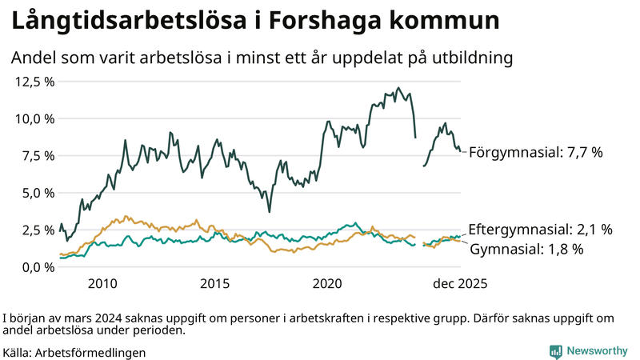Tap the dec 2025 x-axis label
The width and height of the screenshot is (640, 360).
click(460, 283)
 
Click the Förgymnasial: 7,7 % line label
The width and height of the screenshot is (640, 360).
click(535, 152)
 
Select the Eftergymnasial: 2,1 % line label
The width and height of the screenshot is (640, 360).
click(540, 230)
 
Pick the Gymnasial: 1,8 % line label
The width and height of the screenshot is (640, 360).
click(526, 249)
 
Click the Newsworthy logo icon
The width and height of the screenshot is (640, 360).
click(555, 351)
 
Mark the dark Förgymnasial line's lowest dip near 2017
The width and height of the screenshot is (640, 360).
click(270, 211)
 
